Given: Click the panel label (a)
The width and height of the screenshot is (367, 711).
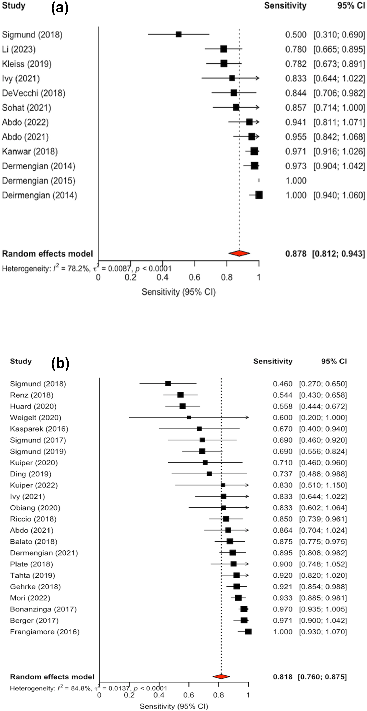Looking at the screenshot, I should point(60,8).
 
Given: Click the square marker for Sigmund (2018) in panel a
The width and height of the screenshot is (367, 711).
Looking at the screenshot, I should point(179,34).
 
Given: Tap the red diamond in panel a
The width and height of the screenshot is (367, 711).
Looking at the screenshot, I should point(239,253).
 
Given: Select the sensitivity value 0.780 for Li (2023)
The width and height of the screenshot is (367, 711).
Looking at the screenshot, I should point(296,49).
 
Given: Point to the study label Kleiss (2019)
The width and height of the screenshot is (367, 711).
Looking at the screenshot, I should point(27,64).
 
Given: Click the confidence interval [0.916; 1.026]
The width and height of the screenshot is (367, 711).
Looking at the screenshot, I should point(339,152).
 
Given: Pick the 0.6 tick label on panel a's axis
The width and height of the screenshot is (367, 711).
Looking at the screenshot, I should point(194,277).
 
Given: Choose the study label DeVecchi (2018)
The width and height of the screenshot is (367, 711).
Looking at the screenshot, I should point(34,93).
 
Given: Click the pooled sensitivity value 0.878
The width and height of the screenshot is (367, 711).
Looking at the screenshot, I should point(296,254).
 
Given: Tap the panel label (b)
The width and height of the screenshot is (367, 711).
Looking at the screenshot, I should point(60,364).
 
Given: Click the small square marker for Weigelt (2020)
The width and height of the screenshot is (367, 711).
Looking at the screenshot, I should point(189,417).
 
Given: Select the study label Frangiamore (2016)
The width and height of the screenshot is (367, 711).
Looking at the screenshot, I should point(45,632).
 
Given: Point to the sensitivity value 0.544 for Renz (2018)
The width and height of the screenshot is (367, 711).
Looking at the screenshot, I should point(282,395).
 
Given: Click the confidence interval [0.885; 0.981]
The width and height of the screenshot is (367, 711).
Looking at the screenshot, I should point(323,598).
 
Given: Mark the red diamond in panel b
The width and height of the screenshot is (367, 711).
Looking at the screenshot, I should point(221,677).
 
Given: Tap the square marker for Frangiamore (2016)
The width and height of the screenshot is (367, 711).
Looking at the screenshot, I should point(248,632).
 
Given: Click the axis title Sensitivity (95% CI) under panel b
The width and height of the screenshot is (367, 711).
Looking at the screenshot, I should point(174,706).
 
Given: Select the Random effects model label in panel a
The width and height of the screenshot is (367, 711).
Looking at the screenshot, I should point(47,254).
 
